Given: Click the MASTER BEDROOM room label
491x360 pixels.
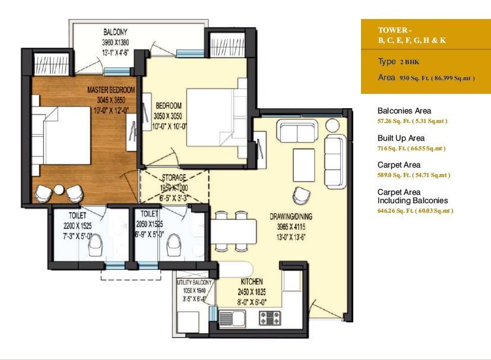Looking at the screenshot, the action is click(x=111, y=90).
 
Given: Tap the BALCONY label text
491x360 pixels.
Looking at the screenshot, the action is click(x=115, y=31).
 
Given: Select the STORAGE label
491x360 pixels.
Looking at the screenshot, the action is click(x=174, y=178).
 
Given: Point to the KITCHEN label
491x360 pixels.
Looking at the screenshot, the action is click(x=252, y=281).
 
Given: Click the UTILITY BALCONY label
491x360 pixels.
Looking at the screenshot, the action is click(x=195, y=282).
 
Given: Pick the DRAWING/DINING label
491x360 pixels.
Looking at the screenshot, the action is click(x=291, y=216).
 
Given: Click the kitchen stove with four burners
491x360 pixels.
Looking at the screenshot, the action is click(x=270, y=318).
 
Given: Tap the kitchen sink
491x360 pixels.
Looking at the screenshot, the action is click(x=232, y=318).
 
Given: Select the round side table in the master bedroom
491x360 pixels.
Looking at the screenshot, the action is click(x=59, y=190).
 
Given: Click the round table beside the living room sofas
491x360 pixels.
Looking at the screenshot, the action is click(x=332, y=125).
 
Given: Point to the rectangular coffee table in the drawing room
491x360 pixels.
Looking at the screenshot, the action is click(x=304, y=165).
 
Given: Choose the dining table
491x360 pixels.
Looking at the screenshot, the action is click(x=233, y=232).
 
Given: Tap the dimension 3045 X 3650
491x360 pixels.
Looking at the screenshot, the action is click(x=111, y=100).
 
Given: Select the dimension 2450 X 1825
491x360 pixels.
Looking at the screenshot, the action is click(x=252, y=292).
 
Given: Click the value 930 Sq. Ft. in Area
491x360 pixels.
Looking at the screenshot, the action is click(x=414, y=78).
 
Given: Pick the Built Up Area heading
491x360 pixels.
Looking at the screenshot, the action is click(x=401, y=138).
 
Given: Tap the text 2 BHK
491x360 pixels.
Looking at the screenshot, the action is click(x=409, y=62).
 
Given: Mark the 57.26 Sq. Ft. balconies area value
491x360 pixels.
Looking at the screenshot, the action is click(x=394, y=121).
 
